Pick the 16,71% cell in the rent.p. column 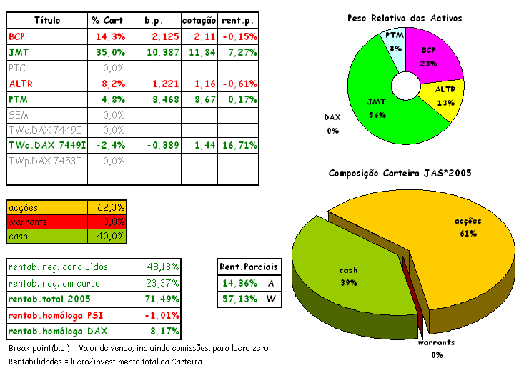238,146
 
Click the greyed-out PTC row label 16,68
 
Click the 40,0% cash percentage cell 111,236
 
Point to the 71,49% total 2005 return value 163,299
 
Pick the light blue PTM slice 394,42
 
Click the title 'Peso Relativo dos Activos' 405,17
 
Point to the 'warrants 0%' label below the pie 437,347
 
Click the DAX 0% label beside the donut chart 332,123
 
